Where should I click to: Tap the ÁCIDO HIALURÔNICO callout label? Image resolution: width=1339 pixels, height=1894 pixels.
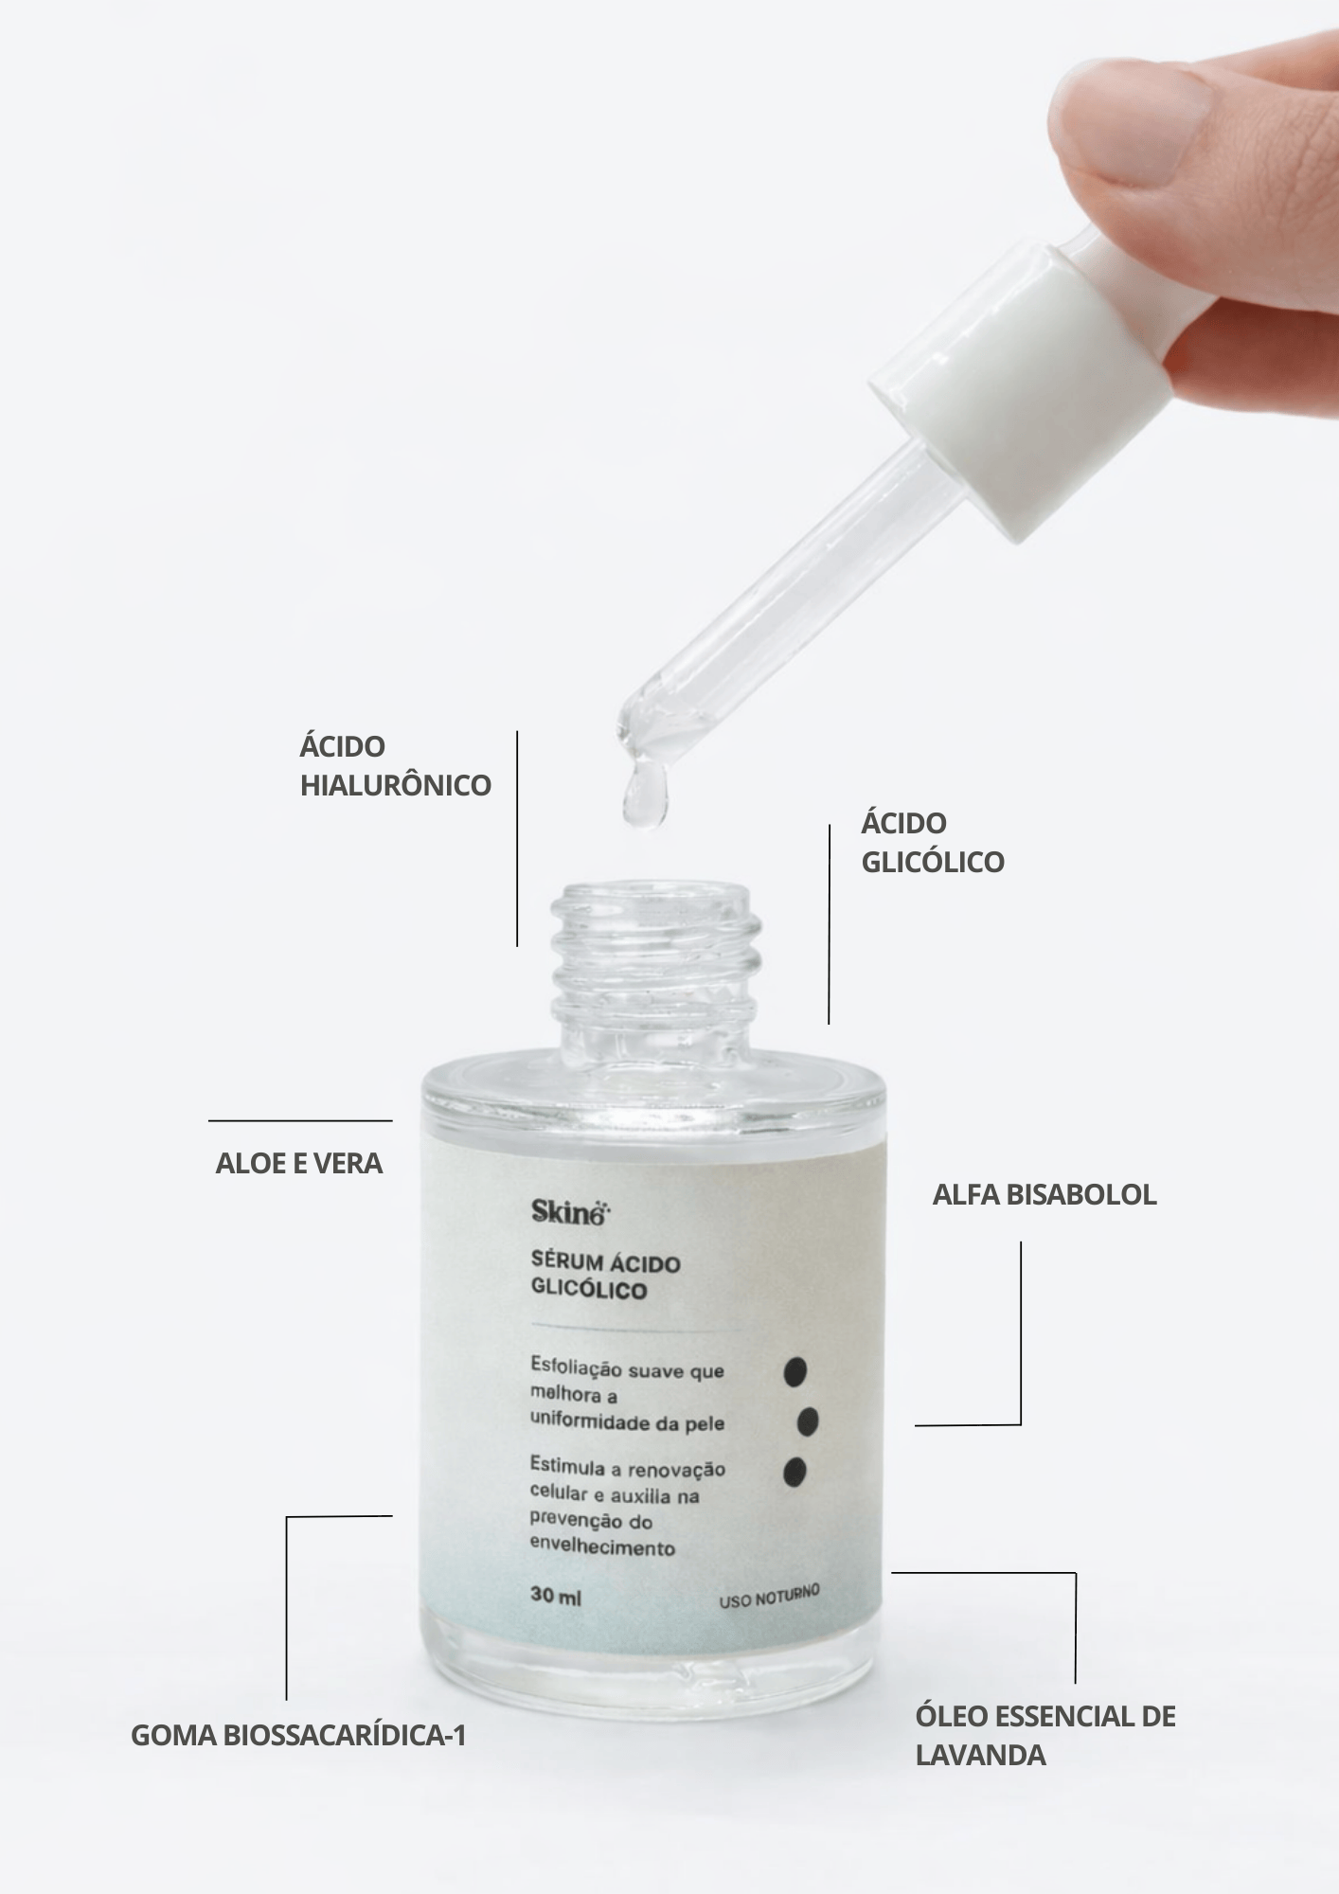395,765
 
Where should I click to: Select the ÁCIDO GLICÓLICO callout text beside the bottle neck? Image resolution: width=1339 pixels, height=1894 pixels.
932,842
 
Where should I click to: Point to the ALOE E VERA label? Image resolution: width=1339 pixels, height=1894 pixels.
298,1163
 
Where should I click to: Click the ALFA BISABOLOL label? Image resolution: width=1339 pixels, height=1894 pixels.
1044,1194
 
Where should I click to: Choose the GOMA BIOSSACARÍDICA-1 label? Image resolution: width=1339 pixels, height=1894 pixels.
297,1736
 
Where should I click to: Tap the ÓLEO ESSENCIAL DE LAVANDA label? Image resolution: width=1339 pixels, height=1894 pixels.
1044,1735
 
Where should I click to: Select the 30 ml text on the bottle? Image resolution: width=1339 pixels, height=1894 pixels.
556,1596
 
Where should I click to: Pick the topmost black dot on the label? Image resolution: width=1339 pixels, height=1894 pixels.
795,1370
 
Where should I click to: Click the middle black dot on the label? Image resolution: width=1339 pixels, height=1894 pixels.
808,1420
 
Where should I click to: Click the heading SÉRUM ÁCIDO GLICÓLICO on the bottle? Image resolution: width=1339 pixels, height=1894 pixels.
605,1276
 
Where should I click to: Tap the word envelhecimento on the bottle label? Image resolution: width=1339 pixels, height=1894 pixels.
602,1548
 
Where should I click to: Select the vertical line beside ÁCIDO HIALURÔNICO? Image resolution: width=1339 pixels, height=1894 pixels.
517,838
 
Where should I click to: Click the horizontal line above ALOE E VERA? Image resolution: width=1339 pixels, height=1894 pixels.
300,1120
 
